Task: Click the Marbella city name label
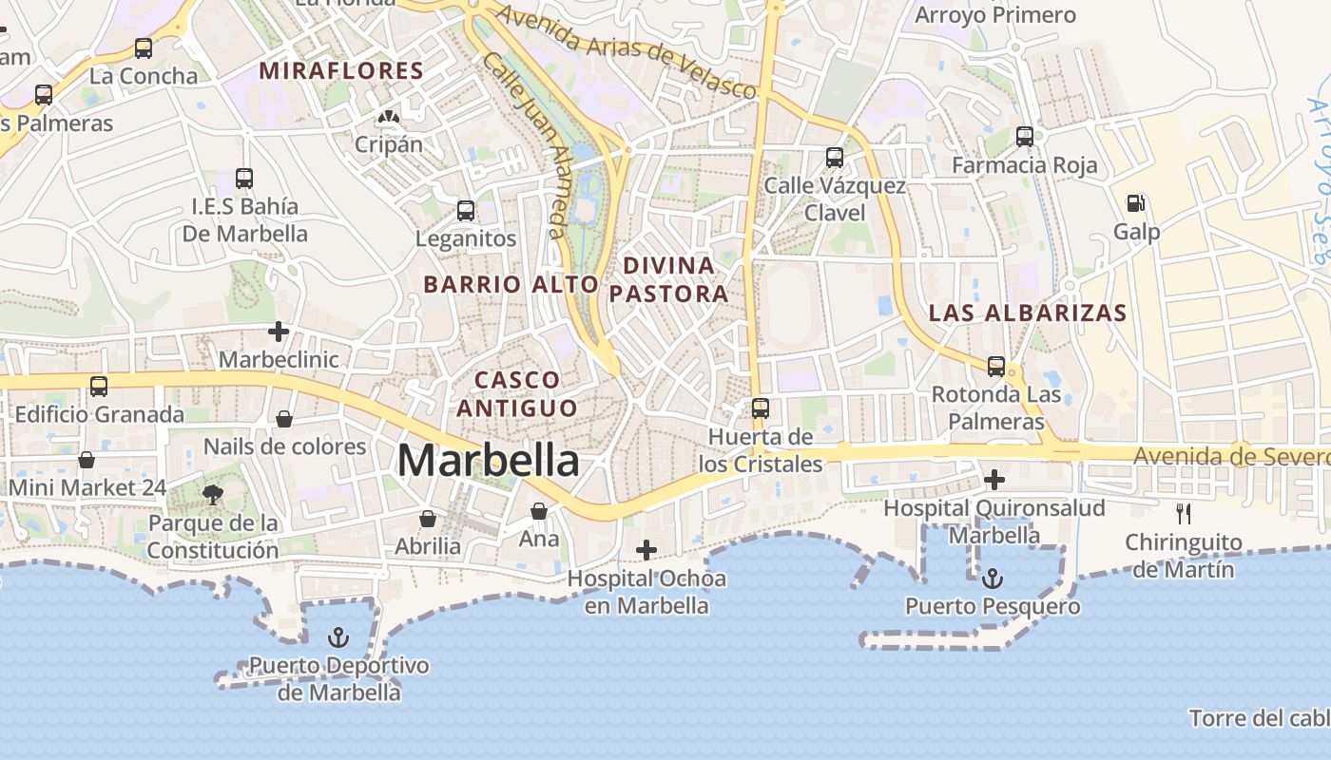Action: (x=488, y=460)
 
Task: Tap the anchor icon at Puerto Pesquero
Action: (x=993, y=578)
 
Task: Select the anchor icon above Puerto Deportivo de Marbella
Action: (x=338, y=636)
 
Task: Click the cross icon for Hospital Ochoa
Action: (x=646, y=549)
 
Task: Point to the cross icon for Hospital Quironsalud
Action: (x=994, y=480)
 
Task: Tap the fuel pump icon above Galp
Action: (x=1135, y=202)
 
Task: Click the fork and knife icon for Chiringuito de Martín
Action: (x=1184, y=514)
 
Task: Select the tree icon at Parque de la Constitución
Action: (x=213, y=493)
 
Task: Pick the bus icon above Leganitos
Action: (x=466, y=211)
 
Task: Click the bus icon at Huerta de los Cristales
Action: (x=761, y=408)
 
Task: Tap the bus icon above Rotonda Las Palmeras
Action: (x=996, y=366)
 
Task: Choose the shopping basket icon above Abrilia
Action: (x=428, y=519)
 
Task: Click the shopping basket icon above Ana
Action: (x=539, y=511)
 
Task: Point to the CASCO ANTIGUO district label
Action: (x=517, y=393)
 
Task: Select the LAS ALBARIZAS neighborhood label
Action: (x=1027, y=313)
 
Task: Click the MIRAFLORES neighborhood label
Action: (x=341, y=70)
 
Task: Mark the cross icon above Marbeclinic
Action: (x=279, y=332)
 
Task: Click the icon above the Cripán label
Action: (x=388, y=117)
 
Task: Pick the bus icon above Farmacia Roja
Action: (x=1025, y=136)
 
